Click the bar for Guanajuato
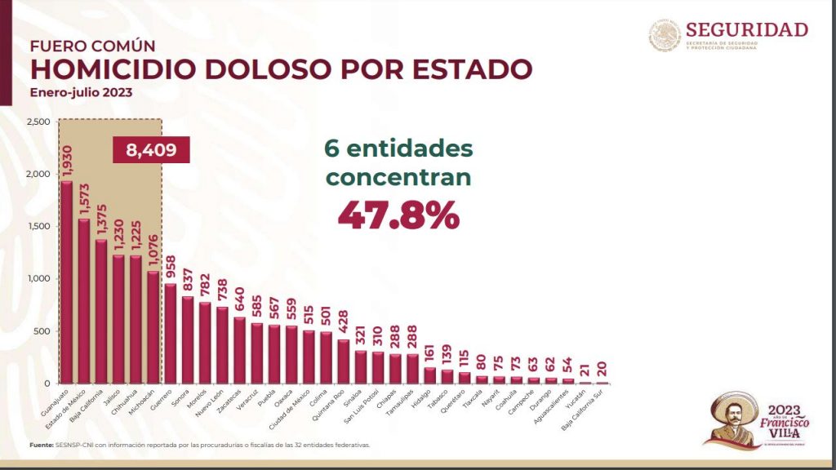point(66,282)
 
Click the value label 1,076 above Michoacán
point(153,250)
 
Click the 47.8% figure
point(398,214)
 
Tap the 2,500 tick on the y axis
point(39,122)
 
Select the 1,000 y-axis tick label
point(39,278)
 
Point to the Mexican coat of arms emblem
point(665,35)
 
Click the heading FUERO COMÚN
point(93,46)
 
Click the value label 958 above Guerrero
point(171,267)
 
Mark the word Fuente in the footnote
point(44,445)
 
